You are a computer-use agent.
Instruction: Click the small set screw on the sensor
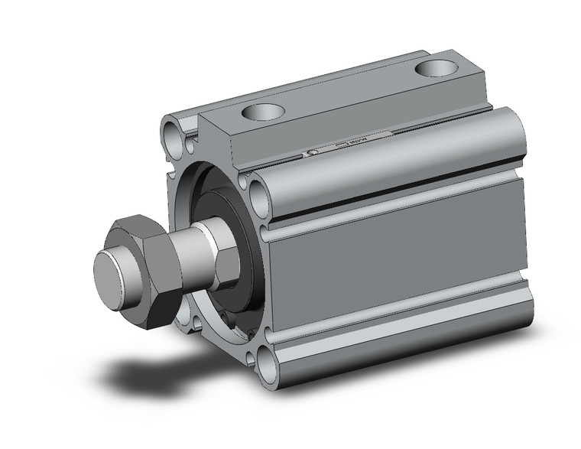[311, 155]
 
